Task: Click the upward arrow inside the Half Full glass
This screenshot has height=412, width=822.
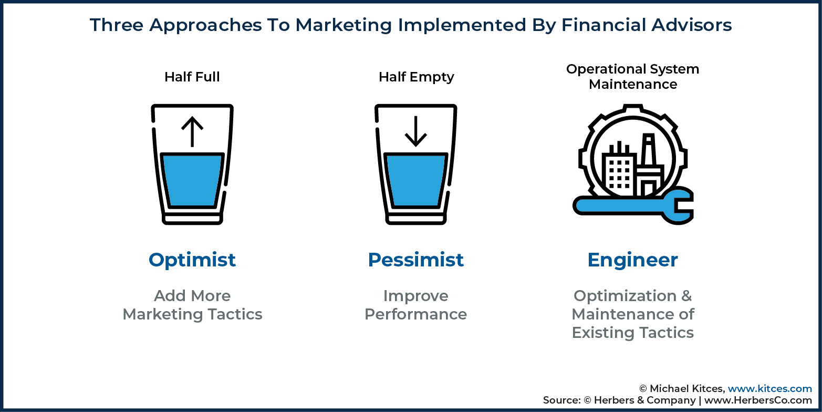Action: (192, 131)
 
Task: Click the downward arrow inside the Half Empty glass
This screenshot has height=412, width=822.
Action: (416, 131)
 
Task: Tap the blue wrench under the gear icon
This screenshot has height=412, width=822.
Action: (633, 206)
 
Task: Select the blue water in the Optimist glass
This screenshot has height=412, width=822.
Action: (192, 180)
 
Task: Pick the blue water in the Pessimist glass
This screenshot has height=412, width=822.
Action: (416, 180)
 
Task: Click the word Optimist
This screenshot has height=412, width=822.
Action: (192, 260)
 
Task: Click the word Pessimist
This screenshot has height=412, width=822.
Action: (416, 260)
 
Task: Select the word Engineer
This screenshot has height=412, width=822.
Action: (632, 260)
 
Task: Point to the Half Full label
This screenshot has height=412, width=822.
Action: (192, 77)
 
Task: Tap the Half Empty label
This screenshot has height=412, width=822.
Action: (416, 77)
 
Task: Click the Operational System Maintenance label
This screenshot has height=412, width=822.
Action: (632, 77)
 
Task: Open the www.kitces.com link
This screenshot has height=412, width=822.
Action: (770, 388)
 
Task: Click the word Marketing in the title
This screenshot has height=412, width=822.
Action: (344, 26)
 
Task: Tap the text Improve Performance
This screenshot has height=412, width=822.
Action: (416, 305)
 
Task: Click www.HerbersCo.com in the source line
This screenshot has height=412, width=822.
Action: (758, 400)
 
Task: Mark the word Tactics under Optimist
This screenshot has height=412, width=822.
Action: (235, 314)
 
